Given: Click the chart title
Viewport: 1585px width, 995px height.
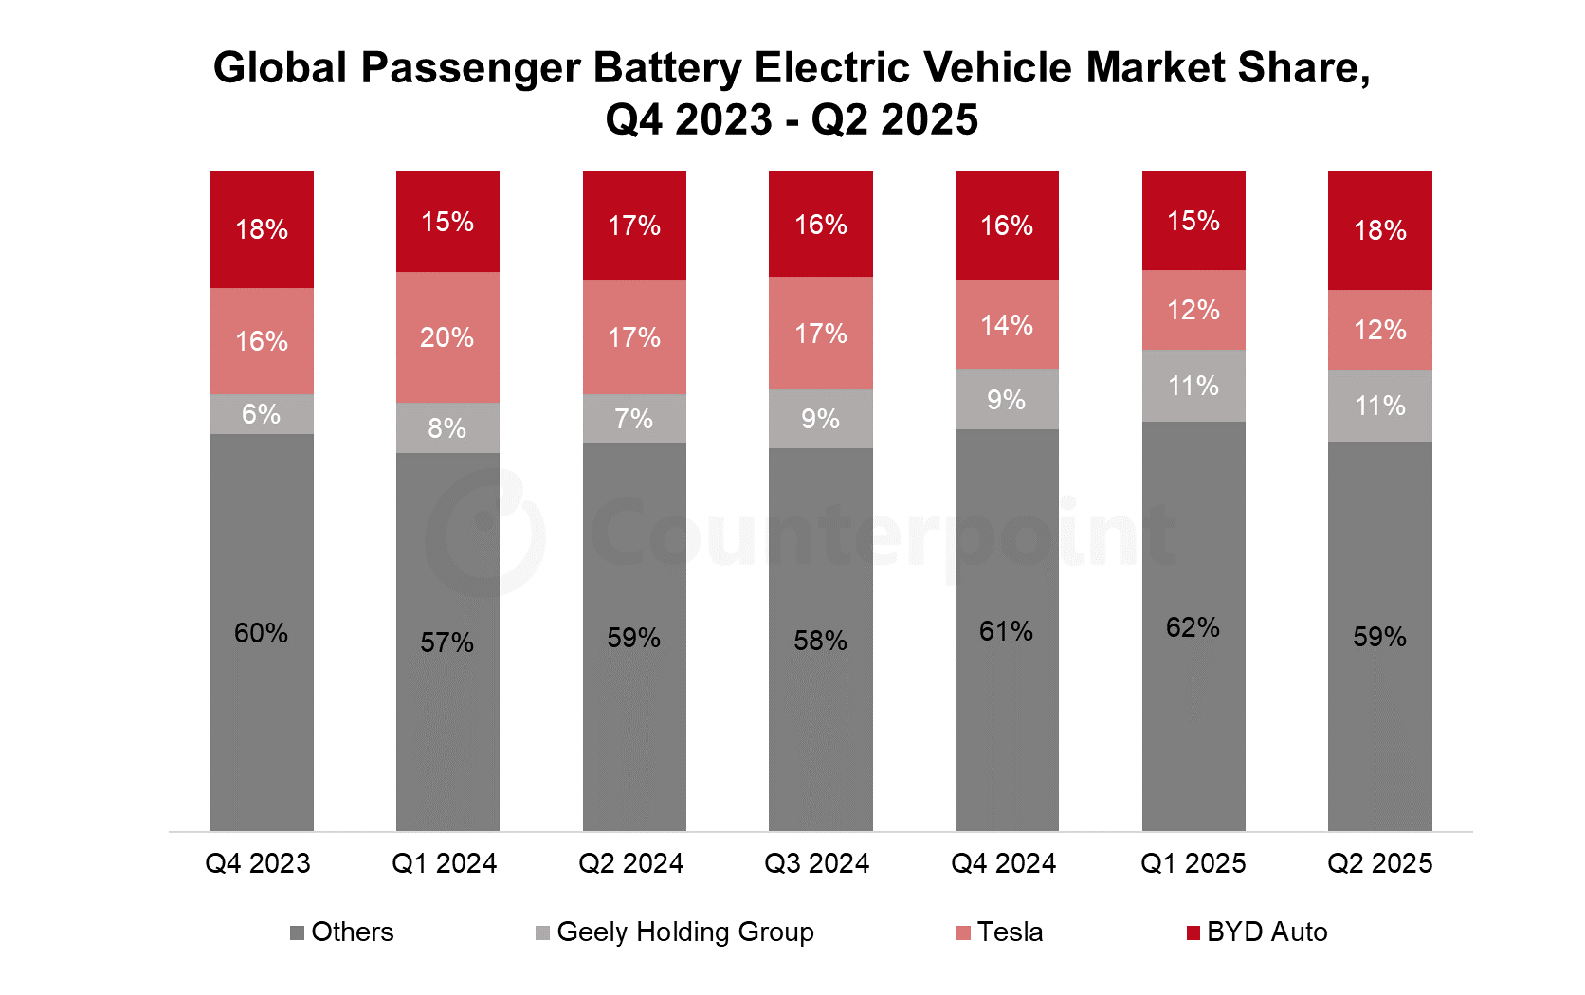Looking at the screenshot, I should (x=792, y=93).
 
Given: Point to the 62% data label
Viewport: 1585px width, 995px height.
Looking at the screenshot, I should (x=1193, y=627).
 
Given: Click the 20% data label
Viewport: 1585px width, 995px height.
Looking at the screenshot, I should (x=447, y=337).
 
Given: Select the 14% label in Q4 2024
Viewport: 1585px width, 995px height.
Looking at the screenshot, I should (x=1007, y=325).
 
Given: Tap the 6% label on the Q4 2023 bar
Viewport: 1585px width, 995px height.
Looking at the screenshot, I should (x=261, y=414).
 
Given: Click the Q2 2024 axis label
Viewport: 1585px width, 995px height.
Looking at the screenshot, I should (x=631, y=863).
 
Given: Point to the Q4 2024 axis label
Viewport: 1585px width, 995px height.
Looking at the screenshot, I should (x=1004, y=863).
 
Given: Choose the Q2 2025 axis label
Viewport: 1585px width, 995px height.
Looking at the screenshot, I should (x=1379, y=863).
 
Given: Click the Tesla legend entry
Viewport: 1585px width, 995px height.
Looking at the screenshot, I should (x=1000, y=932).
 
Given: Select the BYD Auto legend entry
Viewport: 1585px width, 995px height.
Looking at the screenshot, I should (x=1257, y=932).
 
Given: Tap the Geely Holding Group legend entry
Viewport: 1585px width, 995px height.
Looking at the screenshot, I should (x=675, y=932).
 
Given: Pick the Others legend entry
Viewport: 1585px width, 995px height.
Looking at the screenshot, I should (x=342, y=932).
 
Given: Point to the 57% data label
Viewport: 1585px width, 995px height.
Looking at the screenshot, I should (x=447, y=642).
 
